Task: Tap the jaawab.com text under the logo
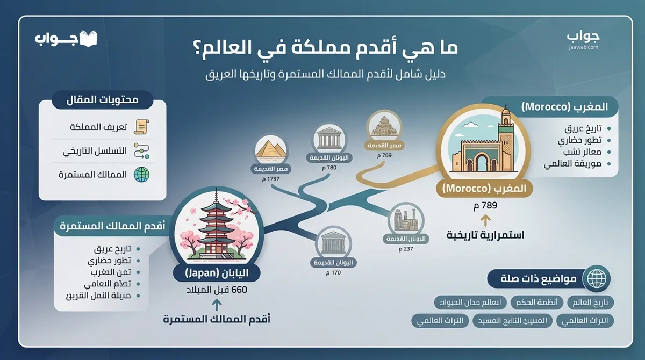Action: (x=583, y=47)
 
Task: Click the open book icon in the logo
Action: (x=89, y=39)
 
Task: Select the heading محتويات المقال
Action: (x=103, y=100)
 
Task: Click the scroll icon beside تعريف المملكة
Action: (x=141, y=127)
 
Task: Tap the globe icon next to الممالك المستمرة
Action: (x=141, y=175)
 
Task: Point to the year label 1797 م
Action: (x=271, y=179)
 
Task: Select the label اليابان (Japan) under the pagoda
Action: (x=217, y=273)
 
